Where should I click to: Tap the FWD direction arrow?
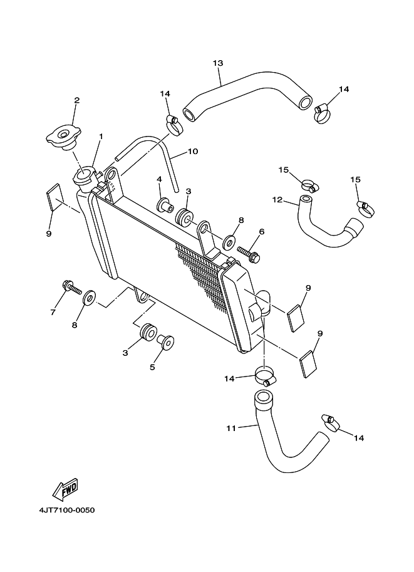(x=66, y=489)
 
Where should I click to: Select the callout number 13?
(x=218, y=63)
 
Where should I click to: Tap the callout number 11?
(x=231, y=429)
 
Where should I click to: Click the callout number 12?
(x=277, y=200)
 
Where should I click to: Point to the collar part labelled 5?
(x=165, y=342)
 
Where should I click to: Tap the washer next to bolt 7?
(x=89, y=298)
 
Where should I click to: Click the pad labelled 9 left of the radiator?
(x=54, y=197)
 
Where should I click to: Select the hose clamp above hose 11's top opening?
(x=265, y=376)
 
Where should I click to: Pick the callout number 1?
(x=101, y=137)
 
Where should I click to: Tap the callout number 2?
(x=77, y=100)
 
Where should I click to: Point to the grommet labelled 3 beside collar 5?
(x=149, y=332)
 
